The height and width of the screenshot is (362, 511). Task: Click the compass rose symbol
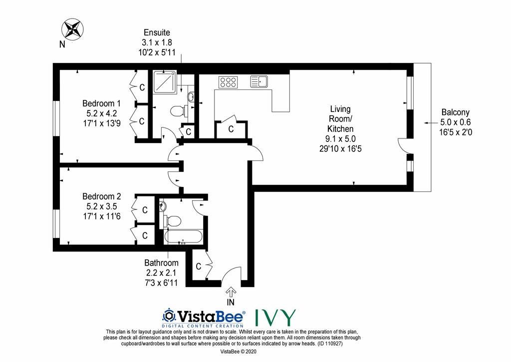(73, 29)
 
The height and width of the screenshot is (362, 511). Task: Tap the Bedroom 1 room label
(101, 103)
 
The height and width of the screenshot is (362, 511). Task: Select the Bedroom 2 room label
(102, 196)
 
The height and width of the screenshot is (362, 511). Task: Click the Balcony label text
(455, 112)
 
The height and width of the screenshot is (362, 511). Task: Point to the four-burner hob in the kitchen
(228, 81)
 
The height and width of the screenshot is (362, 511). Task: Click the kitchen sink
(259, 81)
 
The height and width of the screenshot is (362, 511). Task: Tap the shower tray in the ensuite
(165, 82)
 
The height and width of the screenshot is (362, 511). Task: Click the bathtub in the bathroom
(183, 236)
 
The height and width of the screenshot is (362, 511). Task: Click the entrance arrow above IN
(231, 291)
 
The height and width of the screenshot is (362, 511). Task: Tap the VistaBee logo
(204, 317)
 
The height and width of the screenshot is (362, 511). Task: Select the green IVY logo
(274, 317)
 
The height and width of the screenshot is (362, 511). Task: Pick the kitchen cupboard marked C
(231, 129)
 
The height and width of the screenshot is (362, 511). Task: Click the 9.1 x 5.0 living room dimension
(340, 138)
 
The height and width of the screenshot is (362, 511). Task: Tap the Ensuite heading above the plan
(157, 32)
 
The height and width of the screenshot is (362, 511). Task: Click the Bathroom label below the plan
(161, 263)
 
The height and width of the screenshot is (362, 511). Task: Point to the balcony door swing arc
(402, 146)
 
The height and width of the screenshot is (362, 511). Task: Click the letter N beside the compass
(62, 44)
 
